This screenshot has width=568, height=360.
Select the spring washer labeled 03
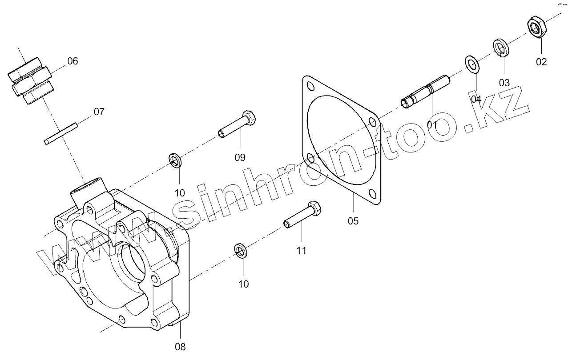501,47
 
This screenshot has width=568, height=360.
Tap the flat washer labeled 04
472,65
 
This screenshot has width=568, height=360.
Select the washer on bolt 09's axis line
175,160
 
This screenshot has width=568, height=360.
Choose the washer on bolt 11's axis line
241,250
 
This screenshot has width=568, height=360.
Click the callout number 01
432,125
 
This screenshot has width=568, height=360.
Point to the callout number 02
541,62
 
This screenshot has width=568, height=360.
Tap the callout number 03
504,83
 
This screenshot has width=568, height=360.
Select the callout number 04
476,99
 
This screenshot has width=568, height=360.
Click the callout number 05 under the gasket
353,221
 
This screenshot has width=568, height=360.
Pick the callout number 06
73,61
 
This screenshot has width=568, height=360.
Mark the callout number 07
99,112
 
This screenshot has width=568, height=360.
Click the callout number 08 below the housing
180,347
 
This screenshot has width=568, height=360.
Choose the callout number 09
240,157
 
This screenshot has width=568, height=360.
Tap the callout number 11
302,250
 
